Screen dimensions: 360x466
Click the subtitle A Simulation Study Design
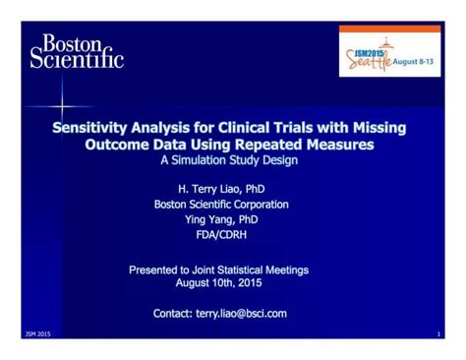(x=232, y=160)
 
